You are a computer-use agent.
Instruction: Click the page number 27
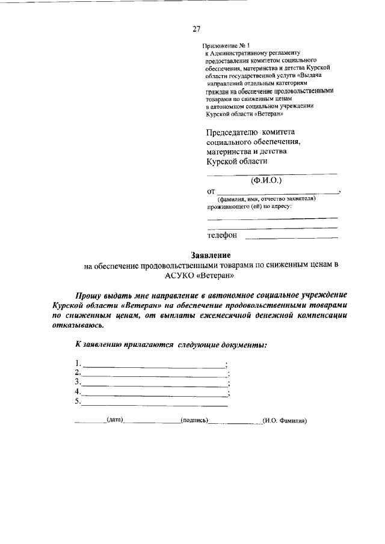point(196,28)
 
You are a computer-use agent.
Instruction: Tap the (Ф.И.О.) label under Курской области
point(266,179)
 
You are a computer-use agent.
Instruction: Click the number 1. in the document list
point(78,363)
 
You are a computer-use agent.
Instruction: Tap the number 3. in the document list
point(78,382)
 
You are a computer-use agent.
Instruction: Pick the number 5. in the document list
point(78,402)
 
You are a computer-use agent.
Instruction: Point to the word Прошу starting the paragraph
point(88,296)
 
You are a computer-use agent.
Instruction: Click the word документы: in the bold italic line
point(243,344)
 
